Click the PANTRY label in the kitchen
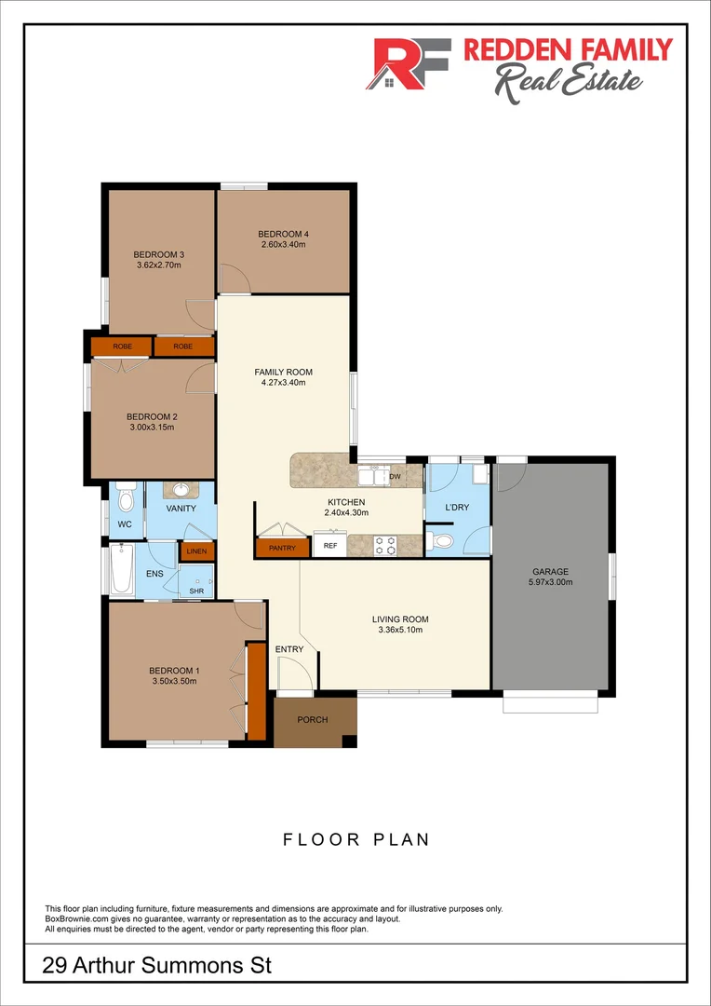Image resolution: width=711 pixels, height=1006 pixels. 282,548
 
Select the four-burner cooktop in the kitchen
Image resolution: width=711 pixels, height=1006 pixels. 385,546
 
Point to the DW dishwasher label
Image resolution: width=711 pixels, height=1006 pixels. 395,477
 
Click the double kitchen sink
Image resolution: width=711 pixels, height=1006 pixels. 373,477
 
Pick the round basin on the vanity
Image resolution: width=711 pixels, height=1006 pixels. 181,489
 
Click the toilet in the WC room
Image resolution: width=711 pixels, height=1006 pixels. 126,499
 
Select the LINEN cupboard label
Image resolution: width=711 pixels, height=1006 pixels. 196,551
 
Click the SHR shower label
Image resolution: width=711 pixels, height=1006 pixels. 196,590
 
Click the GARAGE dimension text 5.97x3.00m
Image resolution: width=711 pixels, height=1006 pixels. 551,582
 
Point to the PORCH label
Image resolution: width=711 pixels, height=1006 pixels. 312,719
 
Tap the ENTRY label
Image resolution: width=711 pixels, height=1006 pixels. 289,649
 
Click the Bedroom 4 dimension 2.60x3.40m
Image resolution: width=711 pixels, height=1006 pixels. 282,244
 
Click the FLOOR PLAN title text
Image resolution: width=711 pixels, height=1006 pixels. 356,839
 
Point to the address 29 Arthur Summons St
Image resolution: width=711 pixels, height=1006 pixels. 157,966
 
